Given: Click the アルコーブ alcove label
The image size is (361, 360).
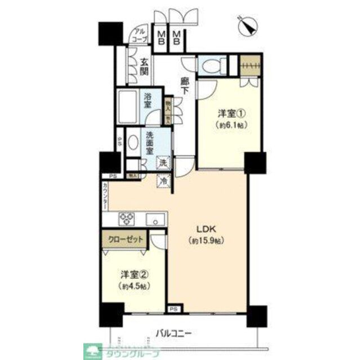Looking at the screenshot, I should point(139,35).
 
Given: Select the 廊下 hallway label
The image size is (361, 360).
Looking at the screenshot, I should point(184,85).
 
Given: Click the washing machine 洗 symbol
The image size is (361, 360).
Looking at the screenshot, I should point(163,163).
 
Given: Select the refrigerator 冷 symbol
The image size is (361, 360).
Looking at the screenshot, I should point(163,181).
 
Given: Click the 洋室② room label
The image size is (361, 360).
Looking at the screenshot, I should point(134,274).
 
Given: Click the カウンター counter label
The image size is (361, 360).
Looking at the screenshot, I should point(105,197).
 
